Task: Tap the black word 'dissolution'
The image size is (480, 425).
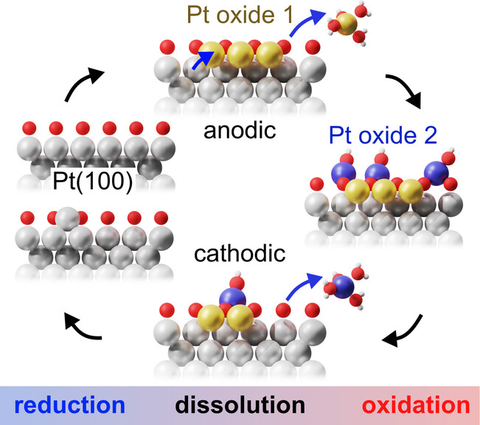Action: [241, 405]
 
